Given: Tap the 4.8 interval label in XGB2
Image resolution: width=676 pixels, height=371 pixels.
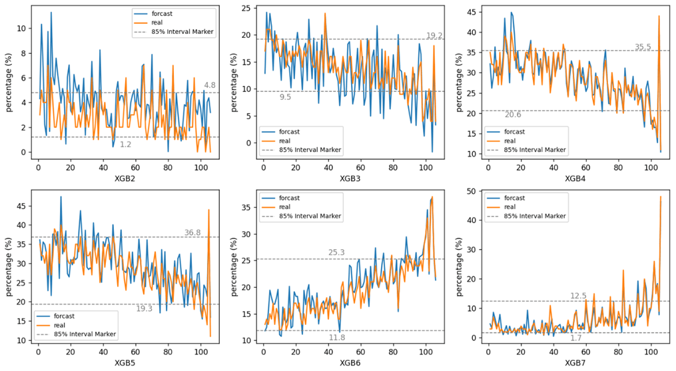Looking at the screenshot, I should [x=209, y=85].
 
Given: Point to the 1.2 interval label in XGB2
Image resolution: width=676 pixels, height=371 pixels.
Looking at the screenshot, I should [x=125, y=144].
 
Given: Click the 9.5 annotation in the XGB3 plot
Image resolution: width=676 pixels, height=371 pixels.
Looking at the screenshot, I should [x=285, y=97].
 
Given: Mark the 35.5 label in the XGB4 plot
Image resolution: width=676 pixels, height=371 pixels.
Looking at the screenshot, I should [x=643, y=47].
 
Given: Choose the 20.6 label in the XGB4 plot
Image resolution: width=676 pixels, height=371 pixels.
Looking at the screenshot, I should [x=513, y=115].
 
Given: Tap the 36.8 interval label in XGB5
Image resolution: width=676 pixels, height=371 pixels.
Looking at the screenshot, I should [x=192, y=232].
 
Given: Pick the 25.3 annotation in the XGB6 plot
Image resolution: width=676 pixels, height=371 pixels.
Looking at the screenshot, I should [x=336, y=252].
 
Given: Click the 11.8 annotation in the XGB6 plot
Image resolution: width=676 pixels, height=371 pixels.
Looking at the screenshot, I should [x=337, y=338].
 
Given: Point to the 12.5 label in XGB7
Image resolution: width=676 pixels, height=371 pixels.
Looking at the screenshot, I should [x=578, y=296].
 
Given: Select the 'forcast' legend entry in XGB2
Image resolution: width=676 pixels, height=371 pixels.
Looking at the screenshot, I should [x=164, y=13].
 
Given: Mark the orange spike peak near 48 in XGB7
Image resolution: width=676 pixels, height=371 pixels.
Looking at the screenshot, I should [x=660, y=196].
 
